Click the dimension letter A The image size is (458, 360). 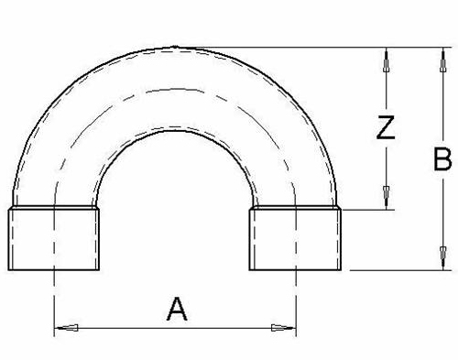coord(177,309)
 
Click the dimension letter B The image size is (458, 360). coord(442,159)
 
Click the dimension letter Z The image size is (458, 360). coord(386,127)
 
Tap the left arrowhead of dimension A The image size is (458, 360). coord(66,328)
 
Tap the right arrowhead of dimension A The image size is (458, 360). coord(284,328)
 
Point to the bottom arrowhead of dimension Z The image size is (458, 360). coord(387,197)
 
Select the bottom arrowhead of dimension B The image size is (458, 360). coord(443,258)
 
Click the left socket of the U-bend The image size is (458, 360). coord(54,238)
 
